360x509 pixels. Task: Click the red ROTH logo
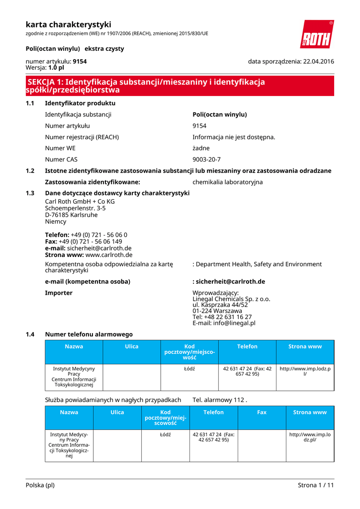tap(317, 34)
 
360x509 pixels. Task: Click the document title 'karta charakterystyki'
tap(68, 24)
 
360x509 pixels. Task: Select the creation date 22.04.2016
tap(318, 61)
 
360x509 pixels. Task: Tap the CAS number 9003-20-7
tap(206, 160)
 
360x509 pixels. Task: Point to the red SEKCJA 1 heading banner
tap(180, 86)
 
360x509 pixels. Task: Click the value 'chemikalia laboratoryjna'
tap(227, 182)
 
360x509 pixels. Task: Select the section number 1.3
tap(30, 193)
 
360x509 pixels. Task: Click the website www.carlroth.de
tap(109, 254)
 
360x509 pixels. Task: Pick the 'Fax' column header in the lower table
tap(262, 412)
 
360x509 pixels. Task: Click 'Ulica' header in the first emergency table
tap(131, 346)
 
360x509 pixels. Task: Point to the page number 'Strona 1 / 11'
tap(316, 485)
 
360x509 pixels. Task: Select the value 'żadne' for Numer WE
tap(201, 148)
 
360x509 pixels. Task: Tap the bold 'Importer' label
tap(59, 293)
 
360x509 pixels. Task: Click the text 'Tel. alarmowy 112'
tap(219, 400)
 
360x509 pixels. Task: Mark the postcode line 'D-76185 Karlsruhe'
tap(71, 215)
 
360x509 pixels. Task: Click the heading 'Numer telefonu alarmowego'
tap(89, 334)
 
